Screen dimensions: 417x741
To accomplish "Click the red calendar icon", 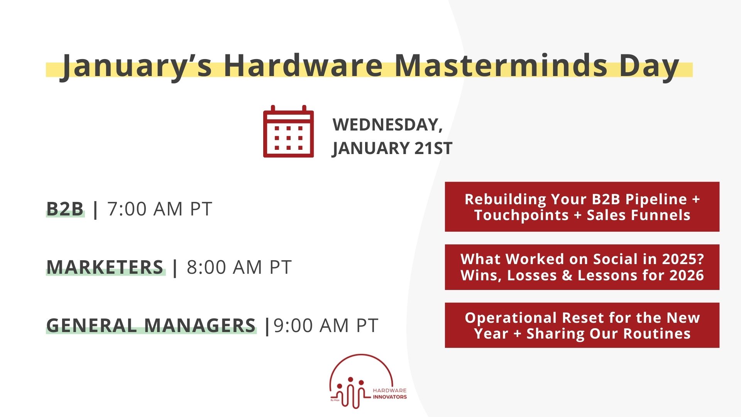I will point(288,132).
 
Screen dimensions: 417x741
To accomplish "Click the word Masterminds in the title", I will point(501,65).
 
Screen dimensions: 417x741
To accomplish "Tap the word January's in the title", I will point(137,66).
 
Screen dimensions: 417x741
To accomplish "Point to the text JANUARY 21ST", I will point(392,148).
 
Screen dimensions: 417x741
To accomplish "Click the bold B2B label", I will point(65,209).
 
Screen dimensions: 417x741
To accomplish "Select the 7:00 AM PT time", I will point(160,209).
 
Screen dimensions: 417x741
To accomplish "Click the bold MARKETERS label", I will point(105,267).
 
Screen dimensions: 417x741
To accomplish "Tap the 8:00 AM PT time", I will point(239,267).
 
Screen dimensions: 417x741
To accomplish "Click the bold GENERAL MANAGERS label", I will point(151,325).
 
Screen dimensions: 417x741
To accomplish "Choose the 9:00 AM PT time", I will point(326,325).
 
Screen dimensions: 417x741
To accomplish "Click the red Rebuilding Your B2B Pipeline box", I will point(582,207).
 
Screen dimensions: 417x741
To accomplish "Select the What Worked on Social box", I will point(582,267).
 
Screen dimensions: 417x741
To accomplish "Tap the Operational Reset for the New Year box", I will point(582,325).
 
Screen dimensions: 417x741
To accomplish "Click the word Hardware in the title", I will point(303,65).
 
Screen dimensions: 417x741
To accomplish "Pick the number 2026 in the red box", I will point(686,275).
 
